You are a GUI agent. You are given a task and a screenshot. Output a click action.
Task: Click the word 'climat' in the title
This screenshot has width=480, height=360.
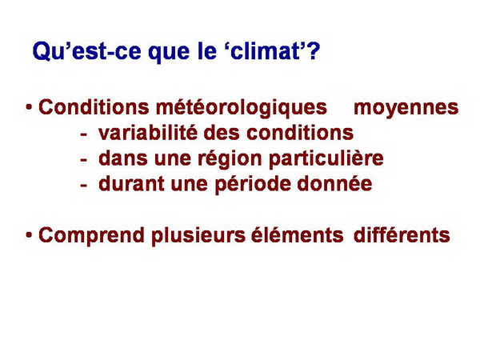[x=265, y=50]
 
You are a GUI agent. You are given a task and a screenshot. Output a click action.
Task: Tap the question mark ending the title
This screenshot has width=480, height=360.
[x=312, y=50]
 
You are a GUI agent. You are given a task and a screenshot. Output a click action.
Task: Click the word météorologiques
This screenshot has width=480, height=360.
[x=242, y=108]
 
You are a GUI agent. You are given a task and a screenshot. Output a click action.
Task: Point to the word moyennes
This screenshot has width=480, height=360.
[x=406, y=108]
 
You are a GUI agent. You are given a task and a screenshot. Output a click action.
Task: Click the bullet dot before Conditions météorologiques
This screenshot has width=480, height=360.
[x=29, y=107]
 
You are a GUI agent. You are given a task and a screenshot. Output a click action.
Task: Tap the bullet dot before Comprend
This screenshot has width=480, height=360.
[x=29, y=234]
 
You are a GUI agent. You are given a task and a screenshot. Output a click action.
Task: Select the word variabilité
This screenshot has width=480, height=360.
[x=147, y=133]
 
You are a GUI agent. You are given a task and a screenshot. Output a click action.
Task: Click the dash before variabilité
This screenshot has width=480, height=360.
[x=83, y=134]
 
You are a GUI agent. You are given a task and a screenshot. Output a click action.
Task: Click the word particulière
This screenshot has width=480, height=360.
[x=326, y=159]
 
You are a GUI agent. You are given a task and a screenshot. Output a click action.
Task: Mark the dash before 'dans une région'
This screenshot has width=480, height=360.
[x=83, y=160]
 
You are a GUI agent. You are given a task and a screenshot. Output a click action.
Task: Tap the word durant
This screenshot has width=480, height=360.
[x=131, y=184]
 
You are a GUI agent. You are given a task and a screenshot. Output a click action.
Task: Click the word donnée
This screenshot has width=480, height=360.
[x=334, y=184]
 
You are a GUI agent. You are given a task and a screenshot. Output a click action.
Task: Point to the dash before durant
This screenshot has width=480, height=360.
[x=83, y=186]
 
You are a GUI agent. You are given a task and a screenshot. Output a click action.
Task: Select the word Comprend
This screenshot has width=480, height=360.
[x=91, y=236]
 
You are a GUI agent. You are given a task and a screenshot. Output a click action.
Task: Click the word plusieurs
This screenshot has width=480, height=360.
[x=198, y=236]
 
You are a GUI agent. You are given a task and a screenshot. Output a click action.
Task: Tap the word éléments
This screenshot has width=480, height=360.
[x=298, y=234]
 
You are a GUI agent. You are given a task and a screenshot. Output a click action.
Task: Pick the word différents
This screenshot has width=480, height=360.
[x=402, y=234]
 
